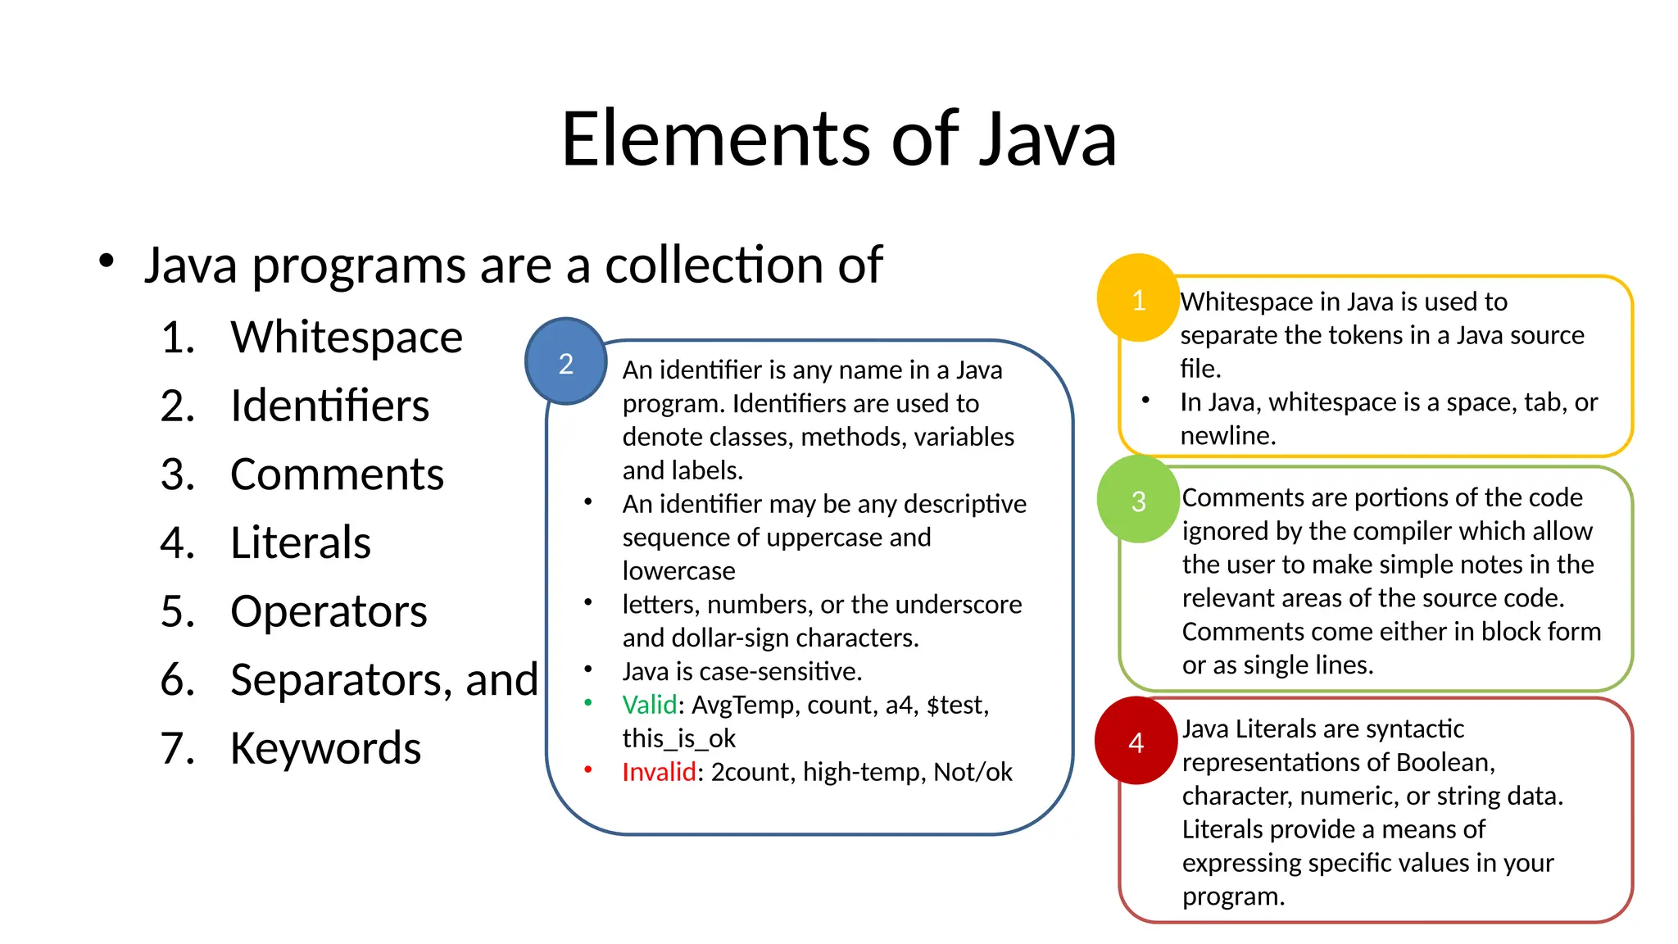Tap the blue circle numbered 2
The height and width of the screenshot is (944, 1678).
[x=565, y=361]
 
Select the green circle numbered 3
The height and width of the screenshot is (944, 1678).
[x=1138, y=499]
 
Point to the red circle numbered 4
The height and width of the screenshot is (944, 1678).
[x=1136, y=741]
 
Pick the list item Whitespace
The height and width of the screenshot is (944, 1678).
[x=347, y=337]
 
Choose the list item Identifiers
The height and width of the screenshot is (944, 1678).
[x=329, y=406]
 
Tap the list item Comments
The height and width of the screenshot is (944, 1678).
[x=337, y=474]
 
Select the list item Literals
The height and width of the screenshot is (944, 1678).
[x=301, y=542]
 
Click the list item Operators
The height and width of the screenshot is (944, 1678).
[x=329, y=611]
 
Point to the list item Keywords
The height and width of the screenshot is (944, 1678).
[x=325, y=748]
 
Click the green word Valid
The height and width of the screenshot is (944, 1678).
[x=650, y=705]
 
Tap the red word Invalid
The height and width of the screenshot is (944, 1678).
[x=659, y=772]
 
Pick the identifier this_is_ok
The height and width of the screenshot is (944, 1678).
[x=679, y=738]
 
